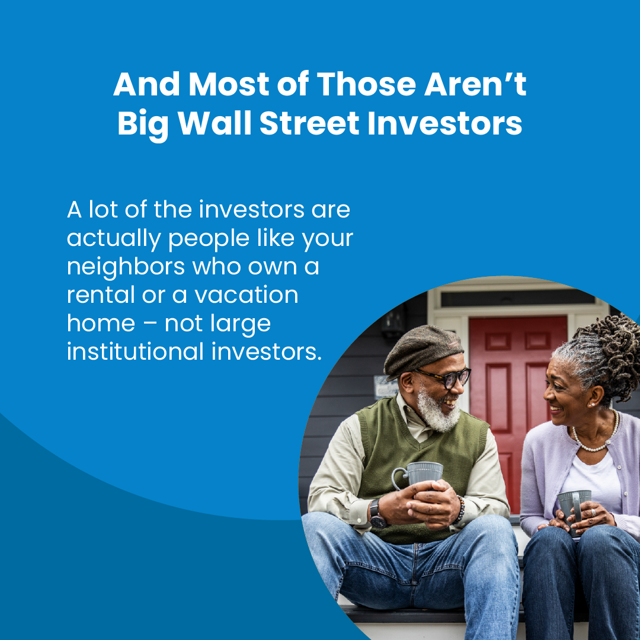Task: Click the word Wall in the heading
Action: (215, 123)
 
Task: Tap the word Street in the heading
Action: (309, 123)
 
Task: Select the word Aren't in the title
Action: (475, 84)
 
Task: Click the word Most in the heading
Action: (229, 84)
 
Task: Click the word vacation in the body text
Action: (246, 295)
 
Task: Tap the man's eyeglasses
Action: (447, 377)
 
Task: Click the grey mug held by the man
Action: (420, 475)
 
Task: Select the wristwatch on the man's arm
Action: (377, 515)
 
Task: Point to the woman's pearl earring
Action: (591, 404)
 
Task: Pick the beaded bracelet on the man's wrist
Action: (460, 510)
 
